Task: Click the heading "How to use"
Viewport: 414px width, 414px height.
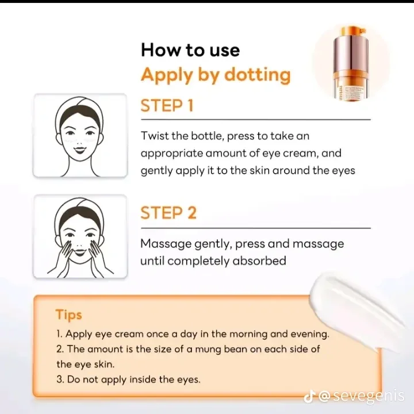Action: [190, 49]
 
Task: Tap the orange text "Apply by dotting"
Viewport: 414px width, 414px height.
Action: [216, 75]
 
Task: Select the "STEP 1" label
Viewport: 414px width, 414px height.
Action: [167, 106]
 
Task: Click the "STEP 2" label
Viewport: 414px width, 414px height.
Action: [168, 213]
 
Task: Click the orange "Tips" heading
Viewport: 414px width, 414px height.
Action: [68, 315]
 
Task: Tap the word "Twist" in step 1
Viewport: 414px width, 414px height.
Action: [155, 136]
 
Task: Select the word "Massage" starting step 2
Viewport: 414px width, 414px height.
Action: [166, 244]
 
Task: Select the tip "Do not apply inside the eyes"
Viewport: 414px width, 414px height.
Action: [128, 379]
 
